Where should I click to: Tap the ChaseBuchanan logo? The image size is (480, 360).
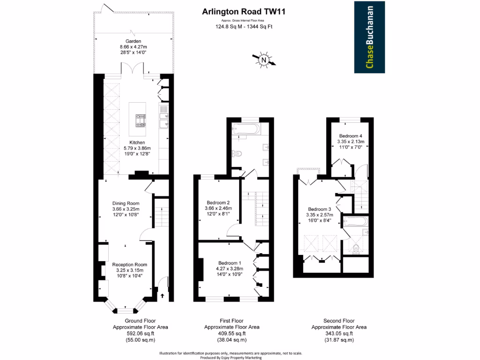click(369, 37)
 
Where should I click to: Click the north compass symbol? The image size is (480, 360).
click(264, 60)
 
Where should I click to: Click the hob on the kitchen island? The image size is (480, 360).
click(140, 121)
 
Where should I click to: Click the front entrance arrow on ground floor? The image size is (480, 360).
click(163, 296)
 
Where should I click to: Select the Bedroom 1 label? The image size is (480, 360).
click(230, 263)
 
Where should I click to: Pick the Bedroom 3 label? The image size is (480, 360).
click(320, 209)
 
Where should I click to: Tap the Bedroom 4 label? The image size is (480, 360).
click(351, 136)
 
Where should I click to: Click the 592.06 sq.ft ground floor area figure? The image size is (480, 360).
click(140, 333)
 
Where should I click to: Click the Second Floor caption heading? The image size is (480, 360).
click(339, 321)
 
